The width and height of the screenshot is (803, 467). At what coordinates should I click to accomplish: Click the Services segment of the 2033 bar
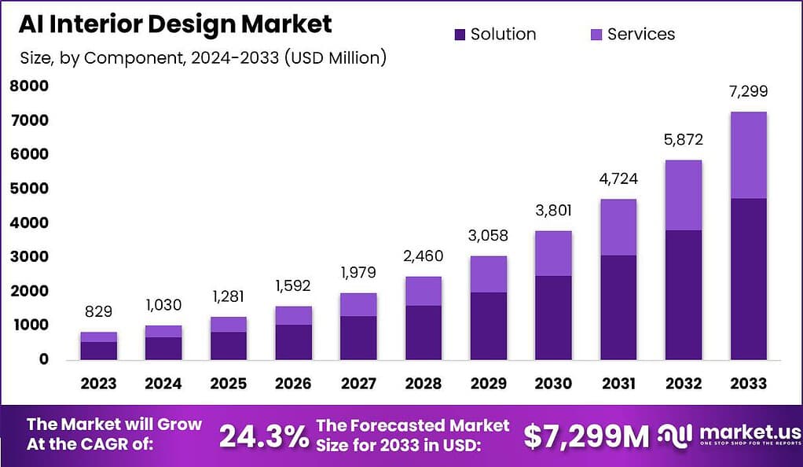748,155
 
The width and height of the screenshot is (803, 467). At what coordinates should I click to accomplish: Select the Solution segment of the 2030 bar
553,318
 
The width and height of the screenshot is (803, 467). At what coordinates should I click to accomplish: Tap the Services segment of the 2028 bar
423,291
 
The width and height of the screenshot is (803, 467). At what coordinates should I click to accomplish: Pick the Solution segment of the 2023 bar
98,351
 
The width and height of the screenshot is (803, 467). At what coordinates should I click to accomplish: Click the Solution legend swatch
460,35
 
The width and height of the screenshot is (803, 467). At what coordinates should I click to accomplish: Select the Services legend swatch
596,35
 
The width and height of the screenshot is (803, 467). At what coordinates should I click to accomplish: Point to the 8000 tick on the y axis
30,86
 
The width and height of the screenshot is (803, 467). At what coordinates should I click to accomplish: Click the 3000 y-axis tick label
30,257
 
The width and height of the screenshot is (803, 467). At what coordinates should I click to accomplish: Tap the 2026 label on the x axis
293,384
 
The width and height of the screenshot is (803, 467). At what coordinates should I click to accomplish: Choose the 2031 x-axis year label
618,384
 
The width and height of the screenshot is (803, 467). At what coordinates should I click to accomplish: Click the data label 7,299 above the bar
748,92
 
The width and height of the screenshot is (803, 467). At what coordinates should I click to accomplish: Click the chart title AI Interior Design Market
175,24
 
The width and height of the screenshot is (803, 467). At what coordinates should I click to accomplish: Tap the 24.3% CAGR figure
263,436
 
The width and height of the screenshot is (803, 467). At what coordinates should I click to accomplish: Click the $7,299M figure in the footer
586,436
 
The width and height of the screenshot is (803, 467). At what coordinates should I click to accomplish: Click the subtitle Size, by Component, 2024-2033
203,58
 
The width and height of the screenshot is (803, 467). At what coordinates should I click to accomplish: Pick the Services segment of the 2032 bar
683,195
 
